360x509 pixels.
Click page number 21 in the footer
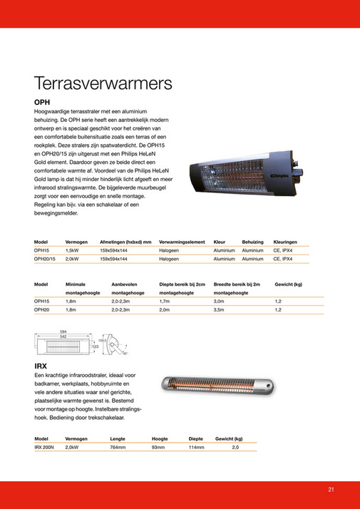(x=331, y=489)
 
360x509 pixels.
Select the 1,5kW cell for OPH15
(x=71, y=251)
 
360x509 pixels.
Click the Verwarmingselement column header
(x=182, y=242)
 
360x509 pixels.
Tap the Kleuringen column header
(x=285, y=242)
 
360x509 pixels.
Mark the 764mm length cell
(x=118, y=447)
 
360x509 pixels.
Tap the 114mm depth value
(x=196, y=447)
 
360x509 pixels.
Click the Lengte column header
(x=118, y=438)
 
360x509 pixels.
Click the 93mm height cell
(x=158, y=447)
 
